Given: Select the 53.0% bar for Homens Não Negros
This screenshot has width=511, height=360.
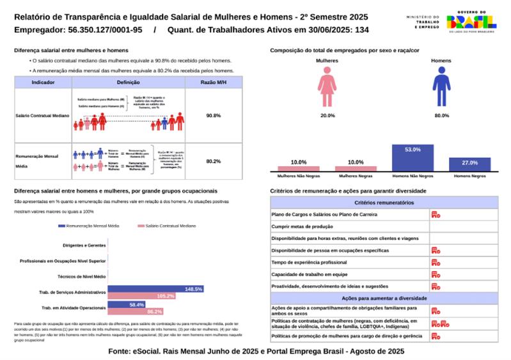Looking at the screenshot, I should click(413, 157).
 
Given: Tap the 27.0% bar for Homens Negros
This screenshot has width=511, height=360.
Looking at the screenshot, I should click(469, 164).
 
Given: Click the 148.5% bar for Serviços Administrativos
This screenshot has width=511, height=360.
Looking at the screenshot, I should click(156, 289).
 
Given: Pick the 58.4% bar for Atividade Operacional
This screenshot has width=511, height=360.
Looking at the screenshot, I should click(127, 304).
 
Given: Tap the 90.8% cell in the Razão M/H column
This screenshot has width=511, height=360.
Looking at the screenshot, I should click(214, 116).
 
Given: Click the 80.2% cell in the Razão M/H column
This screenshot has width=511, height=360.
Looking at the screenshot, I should click(214, 161).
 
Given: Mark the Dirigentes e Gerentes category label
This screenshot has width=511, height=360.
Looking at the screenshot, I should click(84, 245).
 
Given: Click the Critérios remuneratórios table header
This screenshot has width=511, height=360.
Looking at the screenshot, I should click(381, 202).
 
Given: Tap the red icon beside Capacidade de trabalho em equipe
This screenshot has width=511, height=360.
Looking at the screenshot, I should click(436, 274).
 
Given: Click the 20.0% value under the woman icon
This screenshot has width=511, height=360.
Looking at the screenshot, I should click(327, 116).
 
